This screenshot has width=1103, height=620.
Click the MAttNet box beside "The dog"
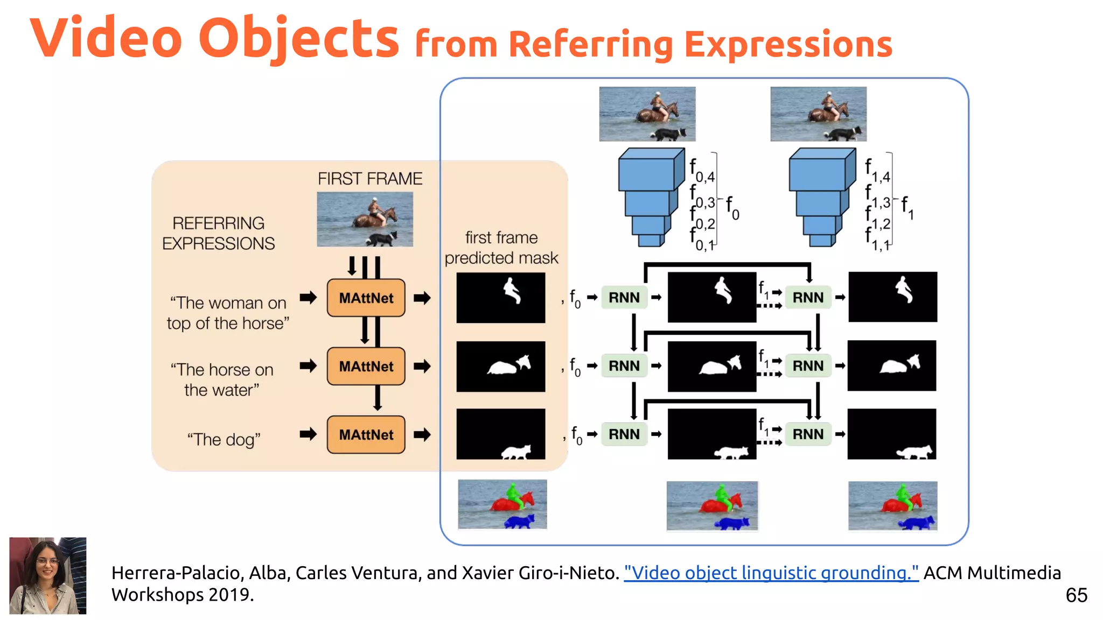point(366,434)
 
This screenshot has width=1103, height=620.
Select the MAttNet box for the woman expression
point(366,298)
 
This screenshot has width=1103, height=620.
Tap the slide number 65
point(1076,595)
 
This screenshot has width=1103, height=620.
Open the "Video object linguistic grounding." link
point(771,573)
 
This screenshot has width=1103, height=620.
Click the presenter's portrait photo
point(48,575)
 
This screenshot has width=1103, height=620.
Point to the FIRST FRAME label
point(369,179)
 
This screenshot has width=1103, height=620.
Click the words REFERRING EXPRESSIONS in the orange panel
point(218,233)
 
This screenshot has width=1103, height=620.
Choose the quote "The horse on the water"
point(222,379)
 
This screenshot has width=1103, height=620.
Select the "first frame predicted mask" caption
point(501,248)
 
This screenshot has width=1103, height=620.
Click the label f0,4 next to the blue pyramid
point(702,171)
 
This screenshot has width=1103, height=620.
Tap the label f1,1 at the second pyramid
point(877,240)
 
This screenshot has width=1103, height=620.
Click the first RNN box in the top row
point(624,298)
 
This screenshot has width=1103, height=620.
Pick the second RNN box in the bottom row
point(808,434)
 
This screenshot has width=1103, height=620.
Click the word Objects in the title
point(299,39)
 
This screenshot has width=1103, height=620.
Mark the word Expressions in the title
point(788,44)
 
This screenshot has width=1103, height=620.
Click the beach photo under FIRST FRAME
point(365,220)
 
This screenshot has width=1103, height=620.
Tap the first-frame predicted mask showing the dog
point(500,434)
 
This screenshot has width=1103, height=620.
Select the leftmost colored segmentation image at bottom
point(502,505)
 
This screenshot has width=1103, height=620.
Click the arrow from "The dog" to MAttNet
point(308,434)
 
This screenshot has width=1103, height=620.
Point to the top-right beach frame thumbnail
point(818,114)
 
